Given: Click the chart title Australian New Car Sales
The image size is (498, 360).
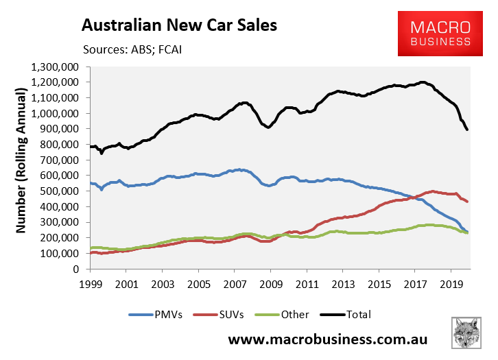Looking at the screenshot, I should pos(179,25).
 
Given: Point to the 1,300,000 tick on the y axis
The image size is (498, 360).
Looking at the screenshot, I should pos(55,67).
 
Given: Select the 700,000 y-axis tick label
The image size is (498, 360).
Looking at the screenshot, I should pos(60,160).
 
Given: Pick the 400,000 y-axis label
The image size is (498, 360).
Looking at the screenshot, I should pos(60,206).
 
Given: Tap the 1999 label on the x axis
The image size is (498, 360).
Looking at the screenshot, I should pos(90,283).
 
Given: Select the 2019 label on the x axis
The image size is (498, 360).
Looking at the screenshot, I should pos(450,283).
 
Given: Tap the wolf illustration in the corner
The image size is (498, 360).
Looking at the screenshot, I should pos(471,335).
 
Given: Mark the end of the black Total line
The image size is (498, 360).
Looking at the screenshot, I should pos(467,129).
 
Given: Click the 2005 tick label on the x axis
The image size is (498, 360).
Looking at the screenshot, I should pos(198,283).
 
